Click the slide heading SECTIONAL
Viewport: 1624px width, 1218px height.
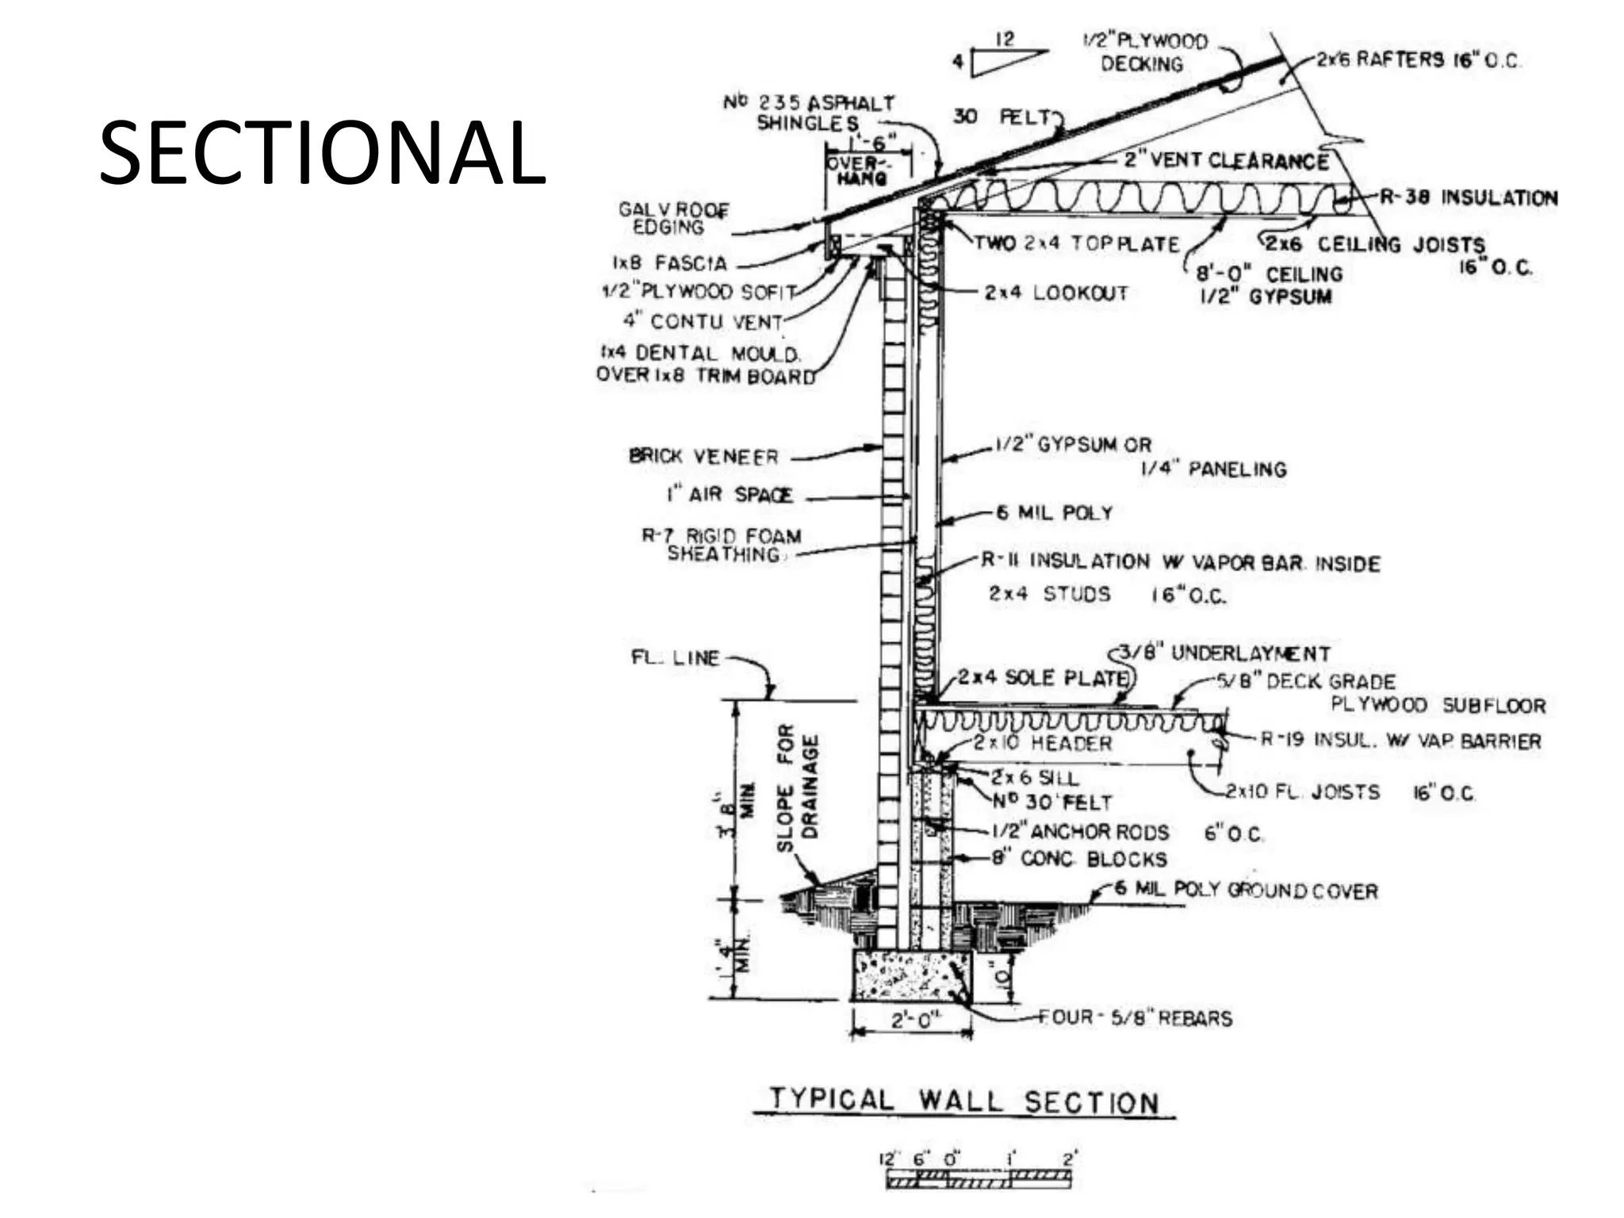pyautogui.click(x=322, y=153)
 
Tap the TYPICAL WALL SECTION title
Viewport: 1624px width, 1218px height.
pyautogui.click(x=963, y=1101)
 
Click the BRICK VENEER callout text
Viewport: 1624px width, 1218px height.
pyautogui.click(x=703, y=457)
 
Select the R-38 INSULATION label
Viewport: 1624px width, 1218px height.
pyautogui.click(x=1469, y=197)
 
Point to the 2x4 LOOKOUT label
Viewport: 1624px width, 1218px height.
pyautogui.click(x=1056, y=293)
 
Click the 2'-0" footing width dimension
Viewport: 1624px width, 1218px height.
pyautogui.click(x=912, y=1020)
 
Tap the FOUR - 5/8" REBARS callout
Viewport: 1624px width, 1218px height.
pyautogui.click(x=1136, y=1017)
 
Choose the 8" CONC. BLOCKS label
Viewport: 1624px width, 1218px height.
pyautogui.click(x=1080, y=859)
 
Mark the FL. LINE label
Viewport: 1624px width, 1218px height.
pyautogui.click(x=675, y=658)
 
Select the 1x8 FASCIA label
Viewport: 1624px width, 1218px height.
pyautogui.click(x=669, y=262)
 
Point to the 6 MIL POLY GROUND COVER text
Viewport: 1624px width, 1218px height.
pyautogui.click(x=1246, y=890)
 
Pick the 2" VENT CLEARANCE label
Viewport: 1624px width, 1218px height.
pyautogui.click(x=1226, y=161)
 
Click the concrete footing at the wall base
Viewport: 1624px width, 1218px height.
pyautogui.click(x=911, y=975)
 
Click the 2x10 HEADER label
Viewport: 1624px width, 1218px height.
pyautogui.click(x=1043, y=743)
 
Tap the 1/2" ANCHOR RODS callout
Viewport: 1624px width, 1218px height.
pyautogui.click(x=1080, y=832)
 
